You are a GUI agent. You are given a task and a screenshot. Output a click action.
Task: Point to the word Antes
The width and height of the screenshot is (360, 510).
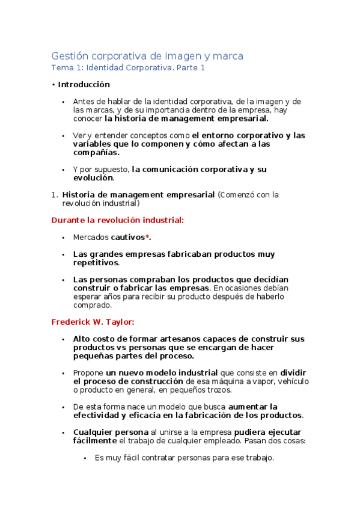[x=84, y=102]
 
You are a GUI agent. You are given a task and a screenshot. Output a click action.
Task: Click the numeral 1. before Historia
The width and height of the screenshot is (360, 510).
[x=54, y=195]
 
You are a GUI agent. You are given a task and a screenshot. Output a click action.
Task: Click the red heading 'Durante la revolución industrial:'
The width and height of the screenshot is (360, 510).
[x=118, y=221]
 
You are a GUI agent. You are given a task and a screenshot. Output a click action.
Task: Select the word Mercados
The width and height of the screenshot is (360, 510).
[x=90, y=238]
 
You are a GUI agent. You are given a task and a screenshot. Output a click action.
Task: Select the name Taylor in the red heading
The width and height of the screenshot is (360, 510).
[x=120, y=322]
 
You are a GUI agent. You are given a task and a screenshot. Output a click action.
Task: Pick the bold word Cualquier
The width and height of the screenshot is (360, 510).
[x=92, y=432]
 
